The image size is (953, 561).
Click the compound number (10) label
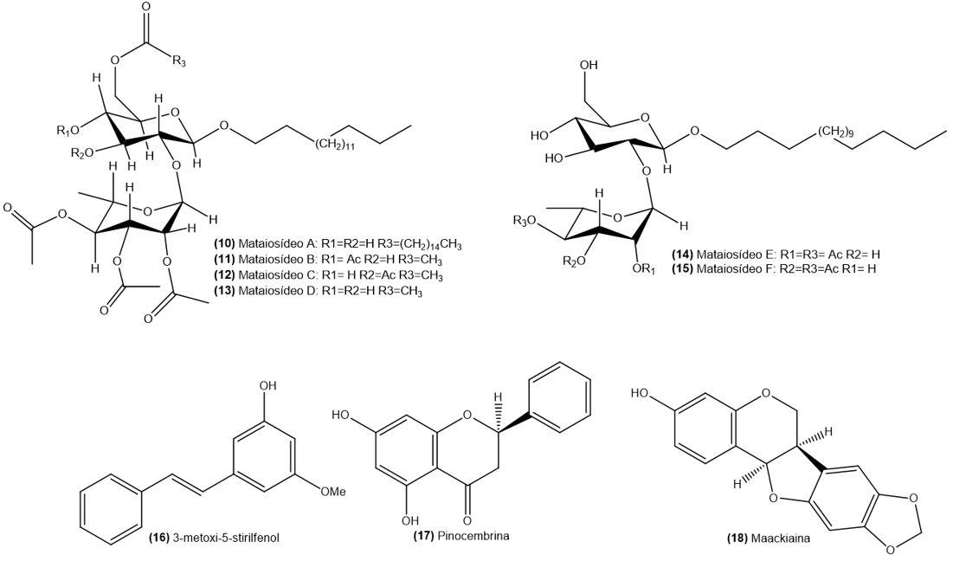tap(224, 244)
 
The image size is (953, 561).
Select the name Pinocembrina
tap(480, 536)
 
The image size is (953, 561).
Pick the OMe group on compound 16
tap(333, 491)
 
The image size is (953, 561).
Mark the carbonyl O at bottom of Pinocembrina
tap(467, 520)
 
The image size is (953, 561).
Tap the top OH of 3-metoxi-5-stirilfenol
tap(268, 385)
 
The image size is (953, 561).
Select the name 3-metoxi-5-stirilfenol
tap(226, 538)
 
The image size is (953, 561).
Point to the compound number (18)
tap(737, 538)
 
